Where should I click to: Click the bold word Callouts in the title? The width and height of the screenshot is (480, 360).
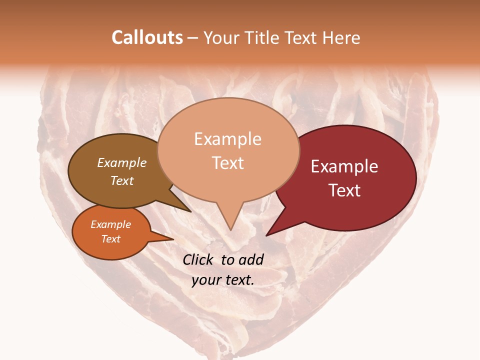(x=147, y=37)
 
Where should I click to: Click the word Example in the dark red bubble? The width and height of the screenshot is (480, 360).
(x=344, y=166)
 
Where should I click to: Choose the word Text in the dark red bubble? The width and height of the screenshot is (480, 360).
(x=344, y=190)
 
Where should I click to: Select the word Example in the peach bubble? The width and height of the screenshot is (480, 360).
(x=227, y=139)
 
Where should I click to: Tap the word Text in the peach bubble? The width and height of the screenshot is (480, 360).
(x=227, y=162)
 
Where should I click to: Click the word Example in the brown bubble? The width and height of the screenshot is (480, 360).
(x=122, y=162)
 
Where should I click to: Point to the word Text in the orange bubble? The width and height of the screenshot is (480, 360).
(x=110, y=239)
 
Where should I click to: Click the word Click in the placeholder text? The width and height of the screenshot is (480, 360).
(x=199, y=259)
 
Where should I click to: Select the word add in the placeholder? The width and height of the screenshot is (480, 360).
(x=251, y=259)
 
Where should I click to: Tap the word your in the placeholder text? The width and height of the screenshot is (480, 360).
(x=205, y=280)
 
